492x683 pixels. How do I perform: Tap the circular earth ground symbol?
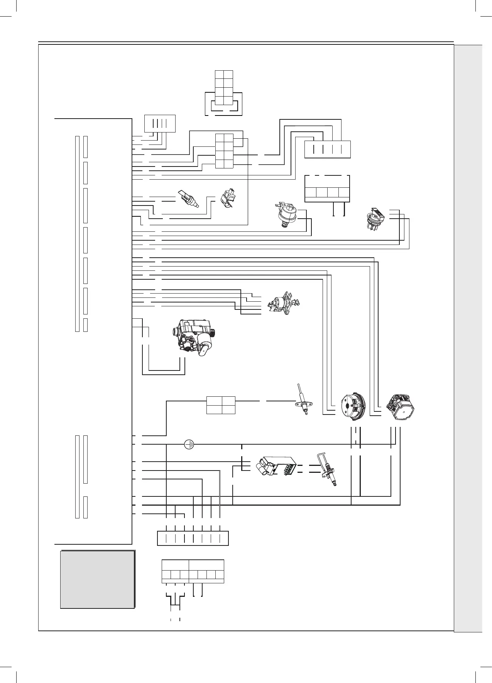click(189, 445)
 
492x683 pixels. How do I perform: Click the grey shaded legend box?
click(98, 579)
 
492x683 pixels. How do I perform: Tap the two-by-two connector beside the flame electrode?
click(221, 405)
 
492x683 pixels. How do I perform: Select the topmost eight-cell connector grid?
click(224, 88)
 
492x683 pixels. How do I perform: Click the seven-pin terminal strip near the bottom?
click(193, 538)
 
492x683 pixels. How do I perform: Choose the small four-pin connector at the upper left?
click(160, 124)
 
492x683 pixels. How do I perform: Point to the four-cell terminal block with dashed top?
click(327, 189)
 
